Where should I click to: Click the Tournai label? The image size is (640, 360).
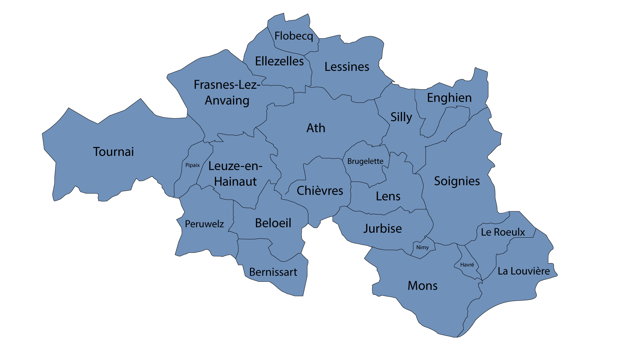click(113, 152)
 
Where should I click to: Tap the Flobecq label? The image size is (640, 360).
click(294, 36)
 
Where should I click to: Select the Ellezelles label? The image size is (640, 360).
click(279, 61)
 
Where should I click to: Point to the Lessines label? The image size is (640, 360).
click(347, 67)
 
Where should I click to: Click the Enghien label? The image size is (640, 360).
click(449, 98)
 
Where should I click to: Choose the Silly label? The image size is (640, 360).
click(401, 117)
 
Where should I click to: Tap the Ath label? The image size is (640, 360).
click(316, 128)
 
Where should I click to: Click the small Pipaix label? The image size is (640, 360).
click(193, 165)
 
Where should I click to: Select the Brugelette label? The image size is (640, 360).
click(365, 161)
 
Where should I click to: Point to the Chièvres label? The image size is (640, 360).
click(320, 191)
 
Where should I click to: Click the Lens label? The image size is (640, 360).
click(388, 196)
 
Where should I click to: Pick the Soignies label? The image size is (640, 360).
click(457, 181)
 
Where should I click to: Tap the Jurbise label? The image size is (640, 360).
click(382, 229)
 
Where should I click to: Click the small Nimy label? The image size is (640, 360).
click(422, 247)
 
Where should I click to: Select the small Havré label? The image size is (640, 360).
click(467, 265)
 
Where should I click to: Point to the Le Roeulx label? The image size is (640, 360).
click(503, 232)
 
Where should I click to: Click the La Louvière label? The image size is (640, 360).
click(524, 271)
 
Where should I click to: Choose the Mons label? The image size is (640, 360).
click(422, 286)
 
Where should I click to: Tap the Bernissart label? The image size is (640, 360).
click(273, 272)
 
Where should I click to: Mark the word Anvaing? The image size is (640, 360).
click(227, 100)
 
